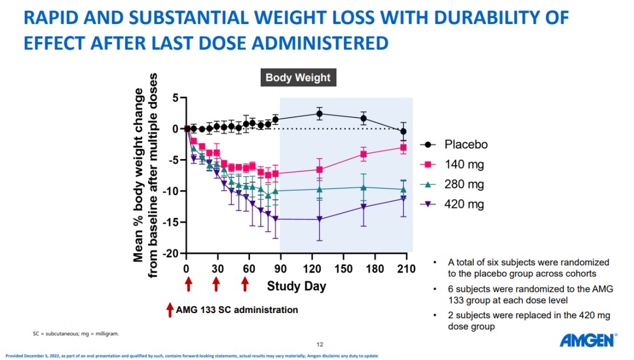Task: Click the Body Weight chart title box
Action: coord(298,78)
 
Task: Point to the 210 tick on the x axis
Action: coord(406,269)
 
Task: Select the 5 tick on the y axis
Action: coord(174,97)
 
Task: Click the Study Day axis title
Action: coord(296,287)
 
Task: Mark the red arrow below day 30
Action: coord(217,284)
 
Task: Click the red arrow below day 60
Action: coord(245,284)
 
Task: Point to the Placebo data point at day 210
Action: coord(403,132)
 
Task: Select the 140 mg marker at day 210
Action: coord(403,147)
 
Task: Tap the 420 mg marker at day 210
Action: coord(403,198)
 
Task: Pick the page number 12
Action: coord(319,344)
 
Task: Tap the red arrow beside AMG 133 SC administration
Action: coord(170,309)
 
